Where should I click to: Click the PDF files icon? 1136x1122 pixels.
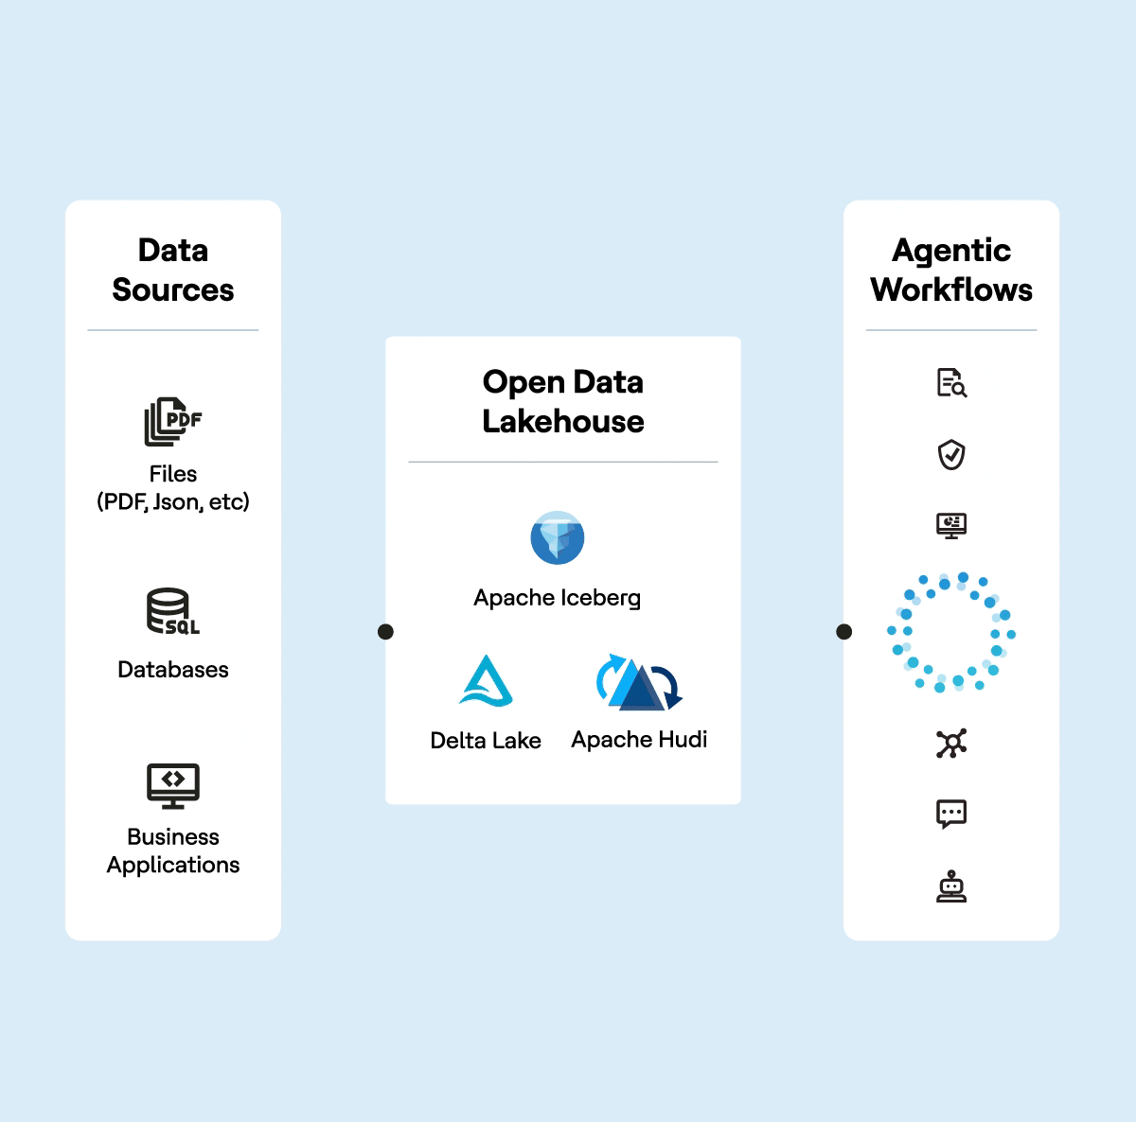(x=172, y=421)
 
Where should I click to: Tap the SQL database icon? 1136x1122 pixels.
(x=172, y=611)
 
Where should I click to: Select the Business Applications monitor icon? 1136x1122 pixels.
(x=173, y=785)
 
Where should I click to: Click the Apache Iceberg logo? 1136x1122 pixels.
(x=558, y=538)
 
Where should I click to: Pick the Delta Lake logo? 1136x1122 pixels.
(x=486, y=681)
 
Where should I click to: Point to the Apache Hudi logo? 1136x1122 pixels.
(x=639, y=682)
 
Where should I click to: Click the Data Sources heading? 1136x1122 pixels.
(x=173, y=270)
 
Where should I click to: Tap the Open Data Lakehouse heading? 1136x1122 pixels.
(x=563, y=401)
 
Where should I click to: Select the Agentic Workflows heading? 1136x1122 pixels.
(x=951, y=270)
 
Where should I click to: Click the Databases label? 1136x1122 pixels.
(x=173, y=670)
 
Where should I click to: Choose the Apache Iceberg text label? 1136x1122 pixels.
(x=558, y=598)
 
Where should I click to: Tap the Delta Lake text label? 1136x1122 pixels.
(x=486, y=741)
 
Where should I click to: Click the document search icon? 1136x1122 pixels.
(x=951, y=383)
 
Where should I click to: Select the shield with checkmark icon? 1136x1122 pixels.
(x=951, y=455)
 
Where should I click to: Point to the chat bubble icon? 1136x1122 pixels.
(x=951, y=814)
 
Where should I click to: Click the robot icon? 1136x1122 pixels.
(x=951, y=886)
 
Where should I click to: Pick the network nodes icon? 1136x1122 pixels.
(x=951, y=744)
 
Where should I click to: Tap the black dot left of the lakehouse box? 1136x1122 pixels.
(x=385, y=632)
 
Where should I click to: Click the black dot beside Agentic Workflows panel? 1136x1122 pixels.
(x=844, y=632)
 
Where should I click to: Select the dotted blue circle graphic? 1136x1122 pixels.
(x=951, y=632)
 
